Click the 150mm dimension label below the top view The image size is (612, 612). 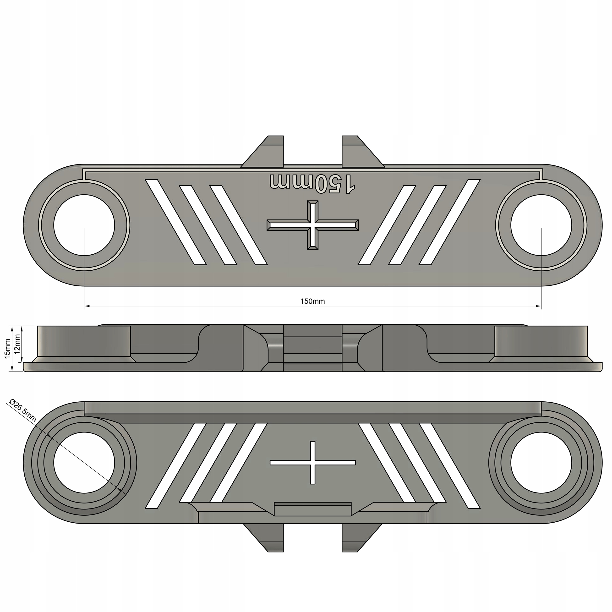[x=312, y=301]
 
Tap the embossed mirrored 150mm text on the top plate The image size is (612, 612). [x=312, y=184]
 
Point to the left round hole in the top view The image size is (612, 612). [x=84, y=225]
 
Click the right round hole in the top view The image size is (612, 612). [x=541, y=225]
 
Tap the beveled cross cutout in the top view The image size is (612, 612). [x=313, y=225]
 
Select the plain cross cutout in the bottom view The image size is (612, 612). [x=313, y=463]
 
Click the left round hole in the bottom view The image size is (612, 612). [x=84, y=463]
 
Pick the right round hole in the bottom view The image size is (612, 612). [x=541, y=463]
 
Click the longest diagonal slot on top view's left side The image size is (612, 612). [x=176, y=222]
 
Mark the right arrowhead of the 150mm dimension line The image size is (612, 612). [x=539, y=306]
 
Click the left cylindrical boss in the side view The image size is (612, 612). [x=84, y=340]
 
